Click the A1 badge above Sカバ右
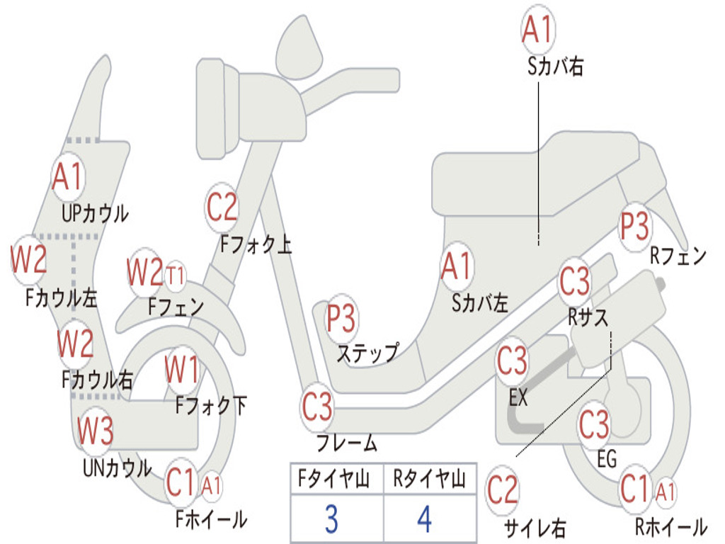tap(538, 28)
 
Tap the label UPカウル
tap(95, 214)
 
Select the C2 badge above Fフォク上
tap(222, 208)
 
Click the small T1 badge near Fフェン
tap(176, 276)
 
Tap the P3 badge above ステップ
tap(341, 318)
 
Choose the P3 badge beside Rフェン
tap(634, 227)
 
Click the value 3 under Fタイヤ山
tap(331, 518)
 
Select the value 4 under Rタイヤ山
tap(425, 518)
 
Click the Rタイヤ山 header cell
tap(430, 478)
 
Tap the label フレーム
tap(347, 443)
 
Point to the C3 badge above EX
tap(512, 361)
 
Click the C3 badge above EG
tap(594, 425)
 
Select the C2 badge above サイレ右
tap(503, 491)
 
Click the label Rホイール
tap(671, 526)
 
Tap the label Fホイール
tap(211, 519)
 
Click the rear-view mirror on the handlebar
tap(299, 49)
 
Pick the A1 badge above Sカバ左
tap(456, 267)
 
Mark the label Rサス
tap(588, 317)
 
